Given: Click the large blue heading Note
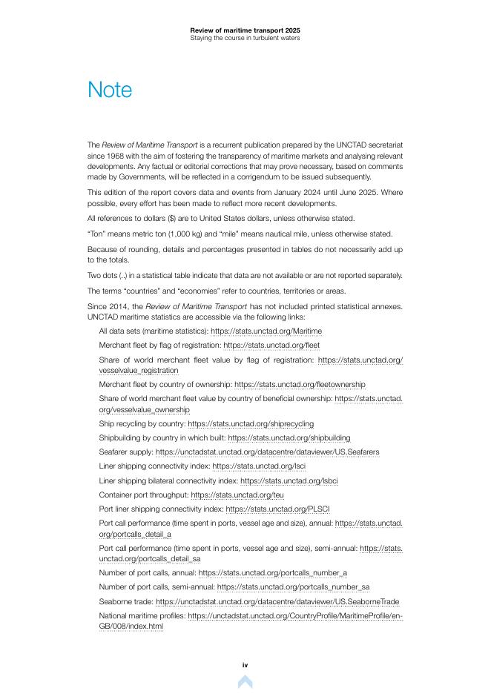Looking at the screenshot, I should [110, 90].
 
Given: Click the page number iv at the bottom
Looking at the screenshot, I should [245, 665].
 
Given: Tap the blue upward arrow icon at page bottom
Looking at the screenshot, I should [245, 681].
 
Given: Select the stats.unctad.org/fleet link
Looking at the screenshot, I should [271, 345].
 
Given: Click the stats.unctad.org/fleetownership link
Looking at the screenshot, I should [300, 385].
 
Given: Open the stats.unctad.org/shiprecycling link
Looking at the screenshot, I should [250, 424].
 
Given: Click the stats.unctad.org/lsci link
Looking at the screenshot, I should [258, 466].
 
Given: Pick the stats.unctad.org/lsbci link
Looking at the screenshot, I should [289, 480].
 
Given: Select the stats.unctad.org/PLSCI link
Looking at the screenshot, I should [277, 509].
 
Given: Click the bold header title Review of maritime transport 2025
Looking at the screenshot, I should [245, 30].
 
